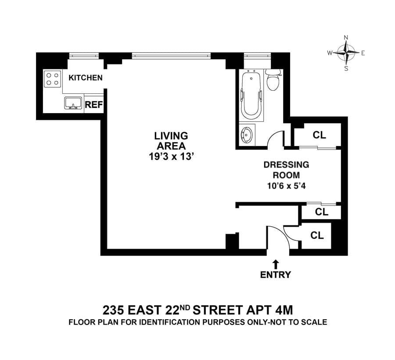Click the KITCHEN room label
coord(86,78)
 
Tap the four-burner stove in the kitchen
coord(53,79)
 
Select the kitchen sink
coord(73,103)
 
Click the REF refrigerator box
coord(93,105)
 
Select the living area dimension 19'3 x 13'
coord(171,157)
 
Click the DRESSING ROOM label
coord(286,170)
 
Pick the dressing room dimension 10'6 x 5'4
coord(286,185)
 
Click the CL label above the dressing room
coord(319,135)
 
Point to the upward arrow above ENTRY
coord(276,264)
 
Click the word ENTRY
coord(276,275)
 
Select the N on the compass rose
coord(346,38)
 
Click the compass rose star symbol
coord(346,53)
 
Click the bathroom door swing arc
coord(274,135)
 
